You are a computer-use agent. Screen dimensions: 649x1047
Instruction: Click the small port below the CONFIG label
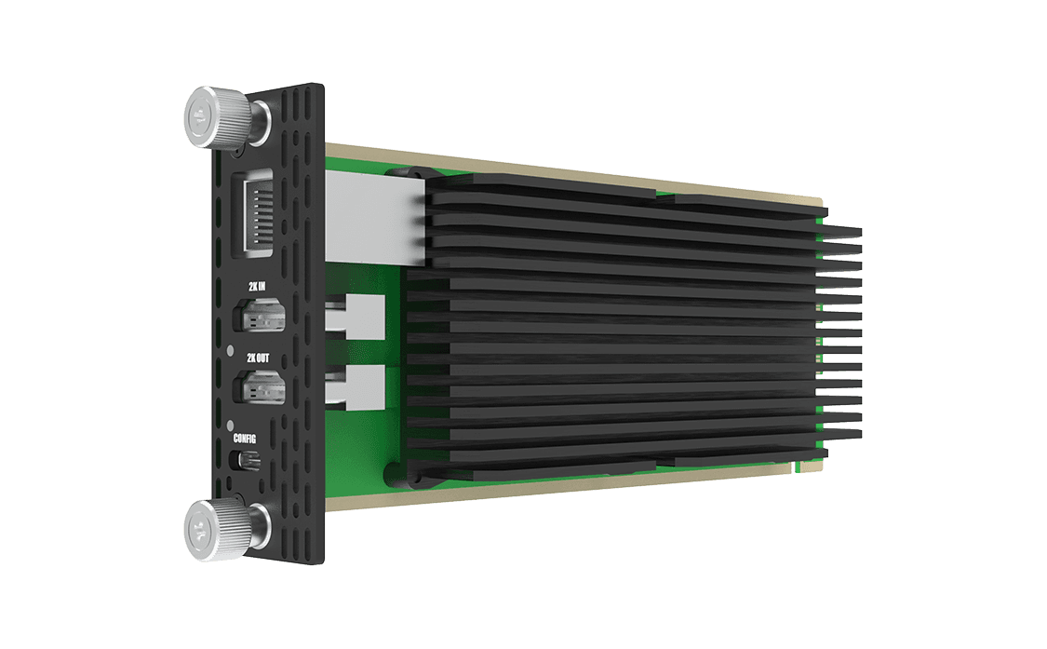tap(248, 461)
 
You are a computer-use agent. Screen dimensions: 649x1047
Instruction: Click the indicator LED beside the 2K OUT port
tap(231, 352)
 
